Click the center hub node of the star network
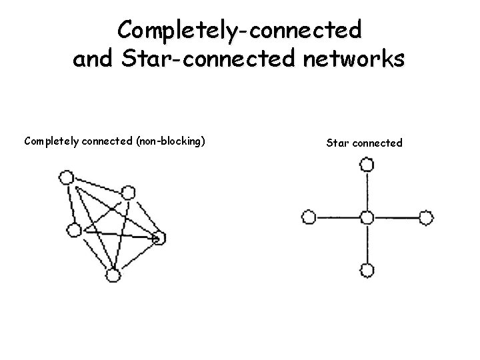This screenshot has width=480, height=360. pyautogui.click(x=367, y=217)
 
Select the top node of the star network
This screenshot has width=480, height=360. pyautogui.click(x=367, y=163)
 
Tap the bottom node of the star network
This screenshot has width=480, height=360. pyautogui.click(x=367, y=270)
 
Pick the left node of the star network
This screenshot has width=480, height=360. pyautogui.click(x=308, y=217)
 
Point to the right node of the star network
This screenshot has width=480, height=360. pyautogui.click(x=425, y=217)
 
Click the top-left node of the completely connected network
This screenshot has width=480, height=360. pyautogui.click(x=65, y=177)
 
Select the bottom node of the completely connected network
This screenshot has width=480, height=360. pyautogui.click(x=113, y=275)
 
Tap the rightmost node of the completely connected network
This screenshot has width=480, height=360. pyautogui.click(x=159, y=237)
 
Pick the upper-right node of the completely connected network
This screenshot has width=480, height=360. pyautogui.click(x=128, y=193)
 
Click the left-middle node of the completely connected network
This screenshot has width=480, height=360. pyautogui.click(x=73, y=230)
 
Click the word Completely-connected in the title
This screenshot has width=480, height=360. pyautogui.click(x=239, y=30)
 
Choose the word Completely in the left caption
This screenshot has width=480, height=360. pyautogui.click(x=51, y=141)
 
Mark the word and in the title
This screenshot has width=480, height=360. pyautogui.click(x=94, y=59)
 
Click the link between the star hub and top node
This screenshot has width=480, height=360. pyautogui.click(x=367, y=190)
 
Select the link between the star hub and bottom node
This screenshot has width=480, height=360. pyautogui.click(x=367, y=244)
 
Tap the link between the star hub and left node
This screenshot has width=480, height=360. pyautogui.click(x=337, y=217)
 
